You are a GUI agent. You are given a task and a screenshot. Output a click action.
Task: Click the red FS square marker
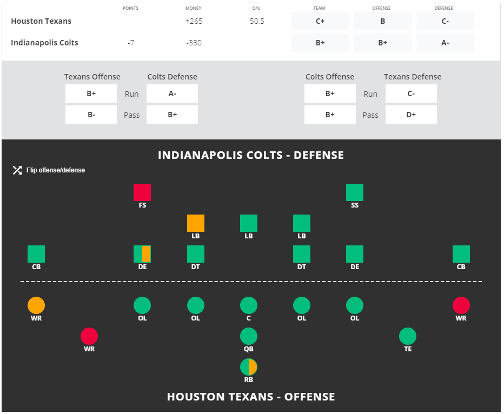pos(142,192)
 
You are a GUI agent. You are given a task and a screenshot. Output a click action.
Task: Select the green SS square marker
pos(355,192)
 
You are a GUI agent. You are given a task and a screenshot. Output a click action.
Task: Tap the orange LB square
pos(196,223)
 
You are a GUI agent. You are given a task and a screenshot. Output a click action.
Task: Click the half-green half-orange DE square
pos(142,254)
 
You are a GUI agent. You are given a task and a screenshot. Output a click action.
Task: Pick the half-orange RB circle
pos(249,368)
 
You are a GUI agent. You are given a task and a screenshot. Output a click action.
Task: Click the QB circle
pos(249,337)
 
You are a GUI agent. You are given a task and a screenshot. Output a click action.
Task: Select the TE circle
pos(408,337)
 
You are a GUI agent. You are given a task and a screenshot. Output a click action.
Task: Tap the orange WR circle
pos(36,306)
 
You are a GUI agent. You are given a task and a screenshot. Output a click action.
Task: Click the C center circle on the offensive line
pos(249,306)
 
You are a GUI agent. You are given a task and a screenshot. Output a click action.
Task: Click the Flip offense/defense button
pos(49,170)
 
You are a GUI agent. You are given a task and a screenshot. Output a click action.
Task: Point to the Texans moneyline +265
pos(193,21)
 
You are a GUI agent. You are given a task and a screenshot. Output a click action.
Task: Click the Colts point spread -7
pos(130,43)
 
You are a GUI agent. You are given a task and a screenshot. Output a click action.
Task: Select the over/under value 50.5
pos(257,21)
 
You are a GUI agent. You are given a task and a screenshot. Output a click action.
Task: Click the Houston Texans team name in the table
pos(41,21)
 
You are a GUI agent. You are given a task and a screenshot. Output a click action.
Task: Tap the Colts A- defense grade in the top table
pos(445,43)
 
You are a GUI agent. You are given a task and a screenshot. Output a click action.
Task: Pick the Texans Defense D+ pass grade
pos(411,115)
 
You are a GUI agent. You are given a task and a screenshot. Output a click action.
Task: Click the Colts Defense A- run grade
pos(172,94)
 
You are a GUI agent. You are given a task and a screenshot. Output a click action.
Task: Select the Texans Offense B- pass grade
pos(91,115)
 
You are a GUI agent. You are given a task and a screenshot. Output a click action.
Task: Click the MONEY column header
pos(193,8)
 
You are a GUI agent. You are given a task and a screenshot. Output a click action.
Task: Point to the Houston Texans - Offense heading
pos(251,397)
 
